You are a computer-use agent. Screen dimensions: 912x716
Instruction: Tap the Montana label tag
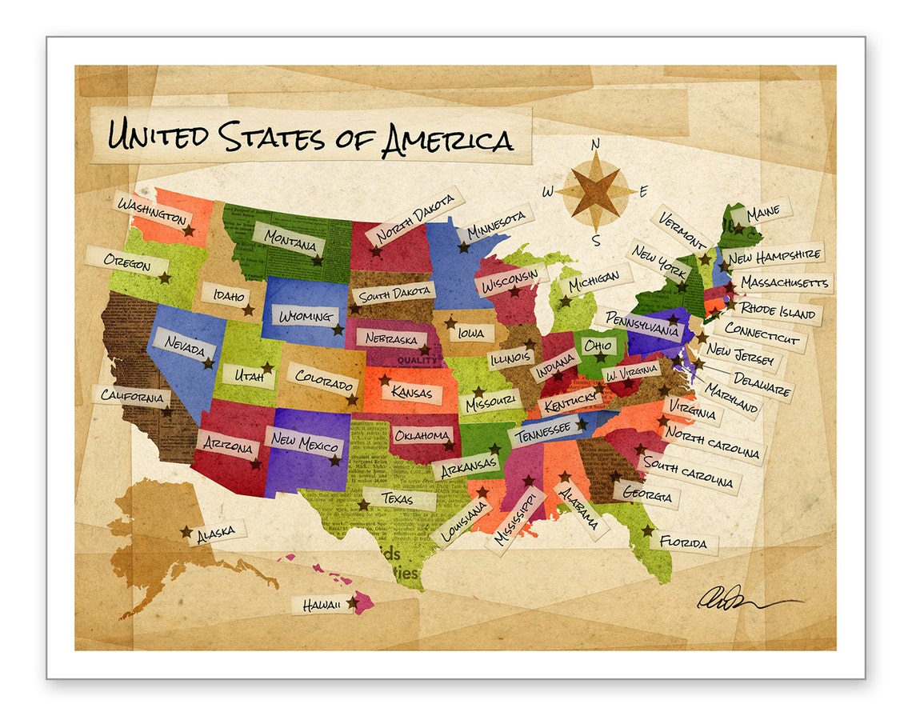point(289,239)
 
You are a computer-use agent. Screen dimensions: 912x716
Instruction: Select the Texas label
point(398,498)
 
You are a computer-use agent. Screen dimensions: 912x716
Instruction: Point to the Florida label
point(683,543)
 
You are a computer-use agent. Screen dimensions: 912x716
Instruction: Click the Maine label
point(762,214)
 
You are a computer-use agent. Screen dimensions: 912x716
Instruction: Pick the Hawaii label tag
point(322,605)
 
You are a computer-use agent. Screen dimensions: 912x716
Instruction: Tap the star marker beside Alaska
point(186,531)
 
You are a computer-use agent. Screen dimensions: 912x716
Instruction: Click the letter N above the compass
point(595,145)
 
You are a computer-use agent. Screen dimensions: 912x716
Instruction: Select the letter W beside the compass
point(548,191)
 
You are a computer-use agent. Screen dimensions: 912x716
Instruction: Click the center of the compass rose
point(596,192)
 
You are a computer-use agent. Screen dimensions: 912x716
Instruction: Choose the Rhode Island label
point(777,310)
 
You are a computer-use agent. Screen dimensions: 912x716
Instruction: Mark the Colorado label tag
point(324,380)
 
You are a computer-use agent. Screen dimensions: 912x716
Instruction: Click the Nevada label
point(185,345)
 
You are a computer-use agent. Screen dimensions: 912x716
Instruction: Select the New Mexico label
point(306,442)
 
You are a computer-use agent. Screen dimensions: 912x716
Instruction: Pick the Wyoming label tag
point(306,316)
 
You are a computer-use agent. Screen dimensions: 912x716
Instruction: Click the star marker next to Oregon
point(165,278)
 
